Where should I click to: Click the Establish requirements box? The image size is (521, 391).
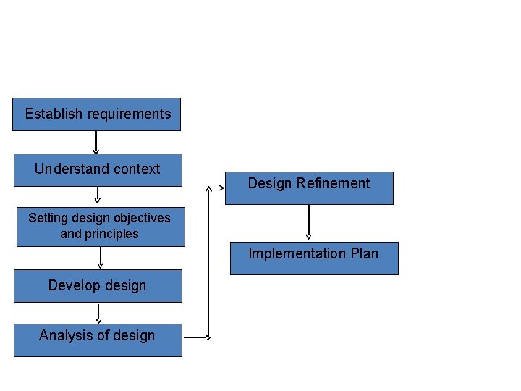tap(96, 114)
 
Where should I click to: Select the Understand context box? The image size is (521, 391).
tap(98, 170)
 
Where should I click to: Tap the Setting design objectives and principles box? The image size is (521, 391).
tap(101, 227)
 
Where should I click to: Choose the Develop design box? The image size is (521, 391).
tap(98, 286)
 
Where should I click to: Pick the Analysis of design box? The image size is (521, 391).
tap(98, 340)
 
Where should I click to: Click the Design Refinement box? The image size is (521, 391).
tap(309, 188)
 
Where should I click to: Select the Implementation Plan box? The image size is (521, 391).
tap(314, 258)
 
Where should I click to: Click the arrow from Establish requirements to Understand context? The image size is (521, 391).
tap(96, 142)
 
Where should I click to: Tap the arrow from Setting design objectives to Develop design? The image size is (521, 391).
tap(100, 258)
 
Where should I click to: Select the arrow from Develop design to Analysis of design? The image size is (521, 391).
tap(98, 313)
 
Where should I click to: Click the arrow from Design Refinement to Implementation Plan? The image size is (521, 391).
tap(308, 222)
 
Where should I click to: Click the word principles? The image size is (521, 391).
tap(109, 234)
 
